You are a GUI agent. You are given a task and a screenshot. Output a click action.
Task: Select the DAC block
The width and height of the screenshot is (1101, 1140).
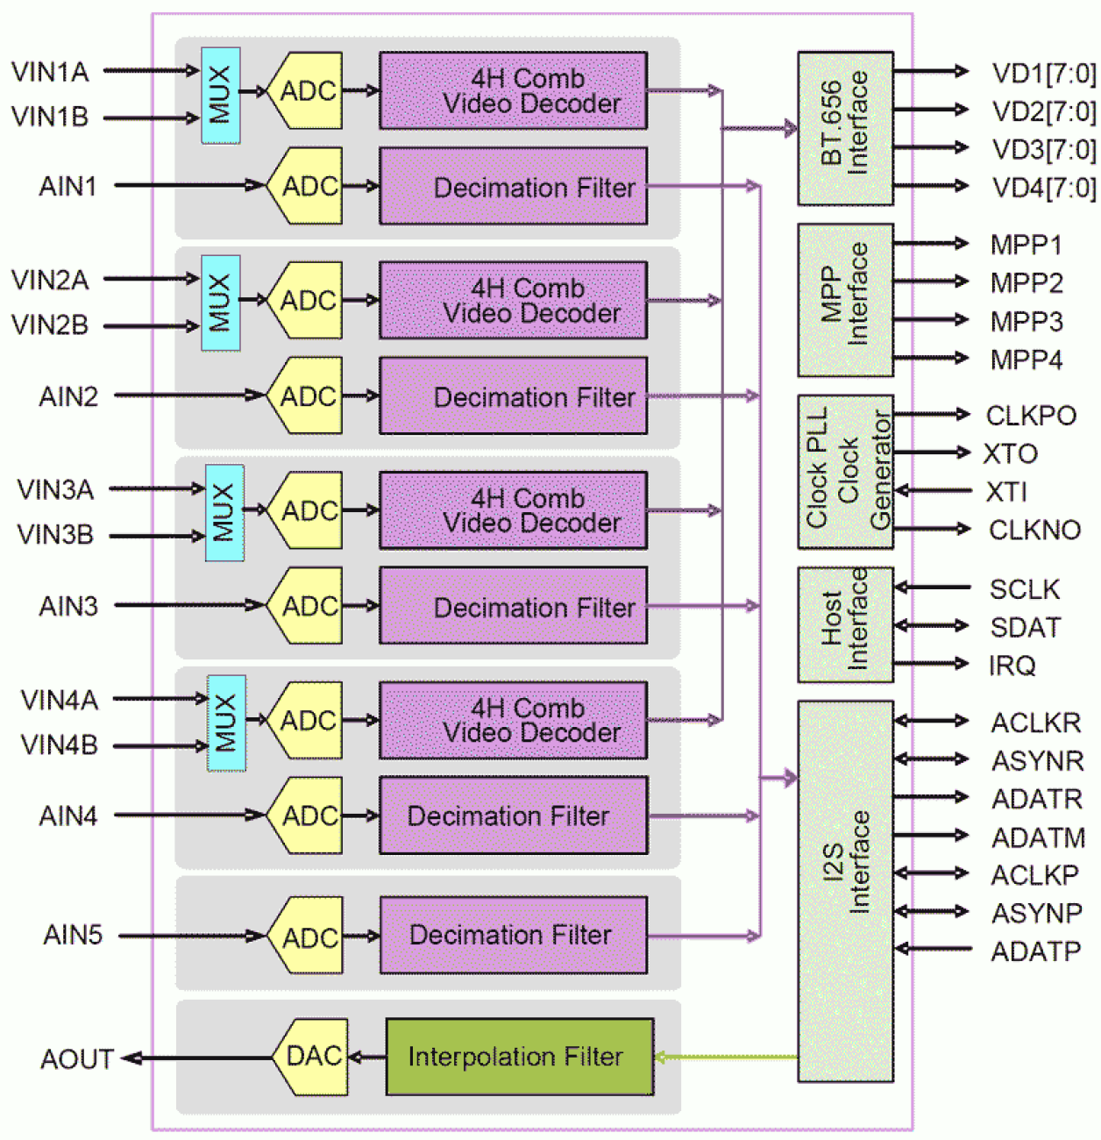tap(313, 1056)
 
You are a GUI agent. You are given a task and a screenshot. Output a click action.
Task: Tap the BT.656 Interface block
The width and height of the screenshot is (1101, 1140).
tap(844, 128)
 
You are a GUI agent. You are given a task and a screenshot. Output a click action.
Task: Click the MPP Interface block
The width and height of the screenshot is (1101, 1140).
tap(844, 300)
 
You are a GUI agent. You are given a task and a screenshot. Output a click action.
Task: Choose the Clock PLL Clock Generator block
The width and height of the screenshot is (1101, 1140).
tap(844, 472)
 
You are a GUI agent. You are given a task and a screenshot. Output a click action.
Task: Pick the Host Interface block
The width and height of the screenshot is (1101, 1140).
tap(844, 624)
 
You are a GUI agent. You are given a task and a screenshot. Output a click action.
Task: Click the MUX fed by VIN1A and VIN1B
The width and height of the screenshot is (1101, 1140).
tap(220, 96)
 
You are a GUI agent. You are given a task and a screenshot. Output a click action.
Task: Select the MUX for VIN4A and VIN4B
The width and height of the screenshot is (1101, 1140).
tap(226, 723)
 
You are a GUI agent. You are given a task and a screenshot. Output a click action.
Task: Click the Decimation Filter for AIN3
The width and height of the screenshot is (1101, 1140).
tap(513, 606)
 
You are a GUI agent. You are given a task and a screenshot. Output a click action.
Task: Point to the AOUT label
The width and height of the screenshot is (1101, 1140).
tap(77, 1059)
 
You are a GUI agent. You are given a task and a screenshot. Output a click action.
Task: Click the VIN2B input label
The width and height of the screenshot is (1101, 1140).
tap(50, 325)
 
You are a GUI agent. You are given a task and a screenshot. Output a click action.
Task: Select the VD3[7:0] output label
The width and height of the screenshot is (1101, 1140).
tap(1043, 149)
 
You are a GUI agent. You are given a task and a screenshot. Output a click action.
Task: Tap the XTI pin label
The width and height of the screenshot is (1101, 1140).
tap(1006, 492)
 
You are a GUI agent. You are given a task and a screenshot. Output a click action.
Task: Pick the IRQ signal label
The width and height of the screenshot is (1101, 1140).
tap(1012, 666)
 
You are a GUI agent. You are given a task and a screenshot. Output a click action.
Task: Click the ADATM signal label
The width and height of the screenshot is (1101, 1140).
tap(1038, 837)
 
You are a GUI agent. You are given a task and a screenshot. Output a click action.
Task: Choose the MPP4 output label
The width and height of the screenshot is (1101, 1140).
tap(1026, 360)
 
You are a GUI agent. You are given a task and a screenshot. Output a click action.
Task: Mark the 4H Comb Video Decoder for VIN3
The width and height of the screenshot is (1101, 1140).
tap(513, 510)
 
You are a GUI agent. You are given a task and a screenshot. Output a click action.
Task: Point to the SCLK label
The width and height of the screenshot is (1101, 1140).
tap(1024, 589)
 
